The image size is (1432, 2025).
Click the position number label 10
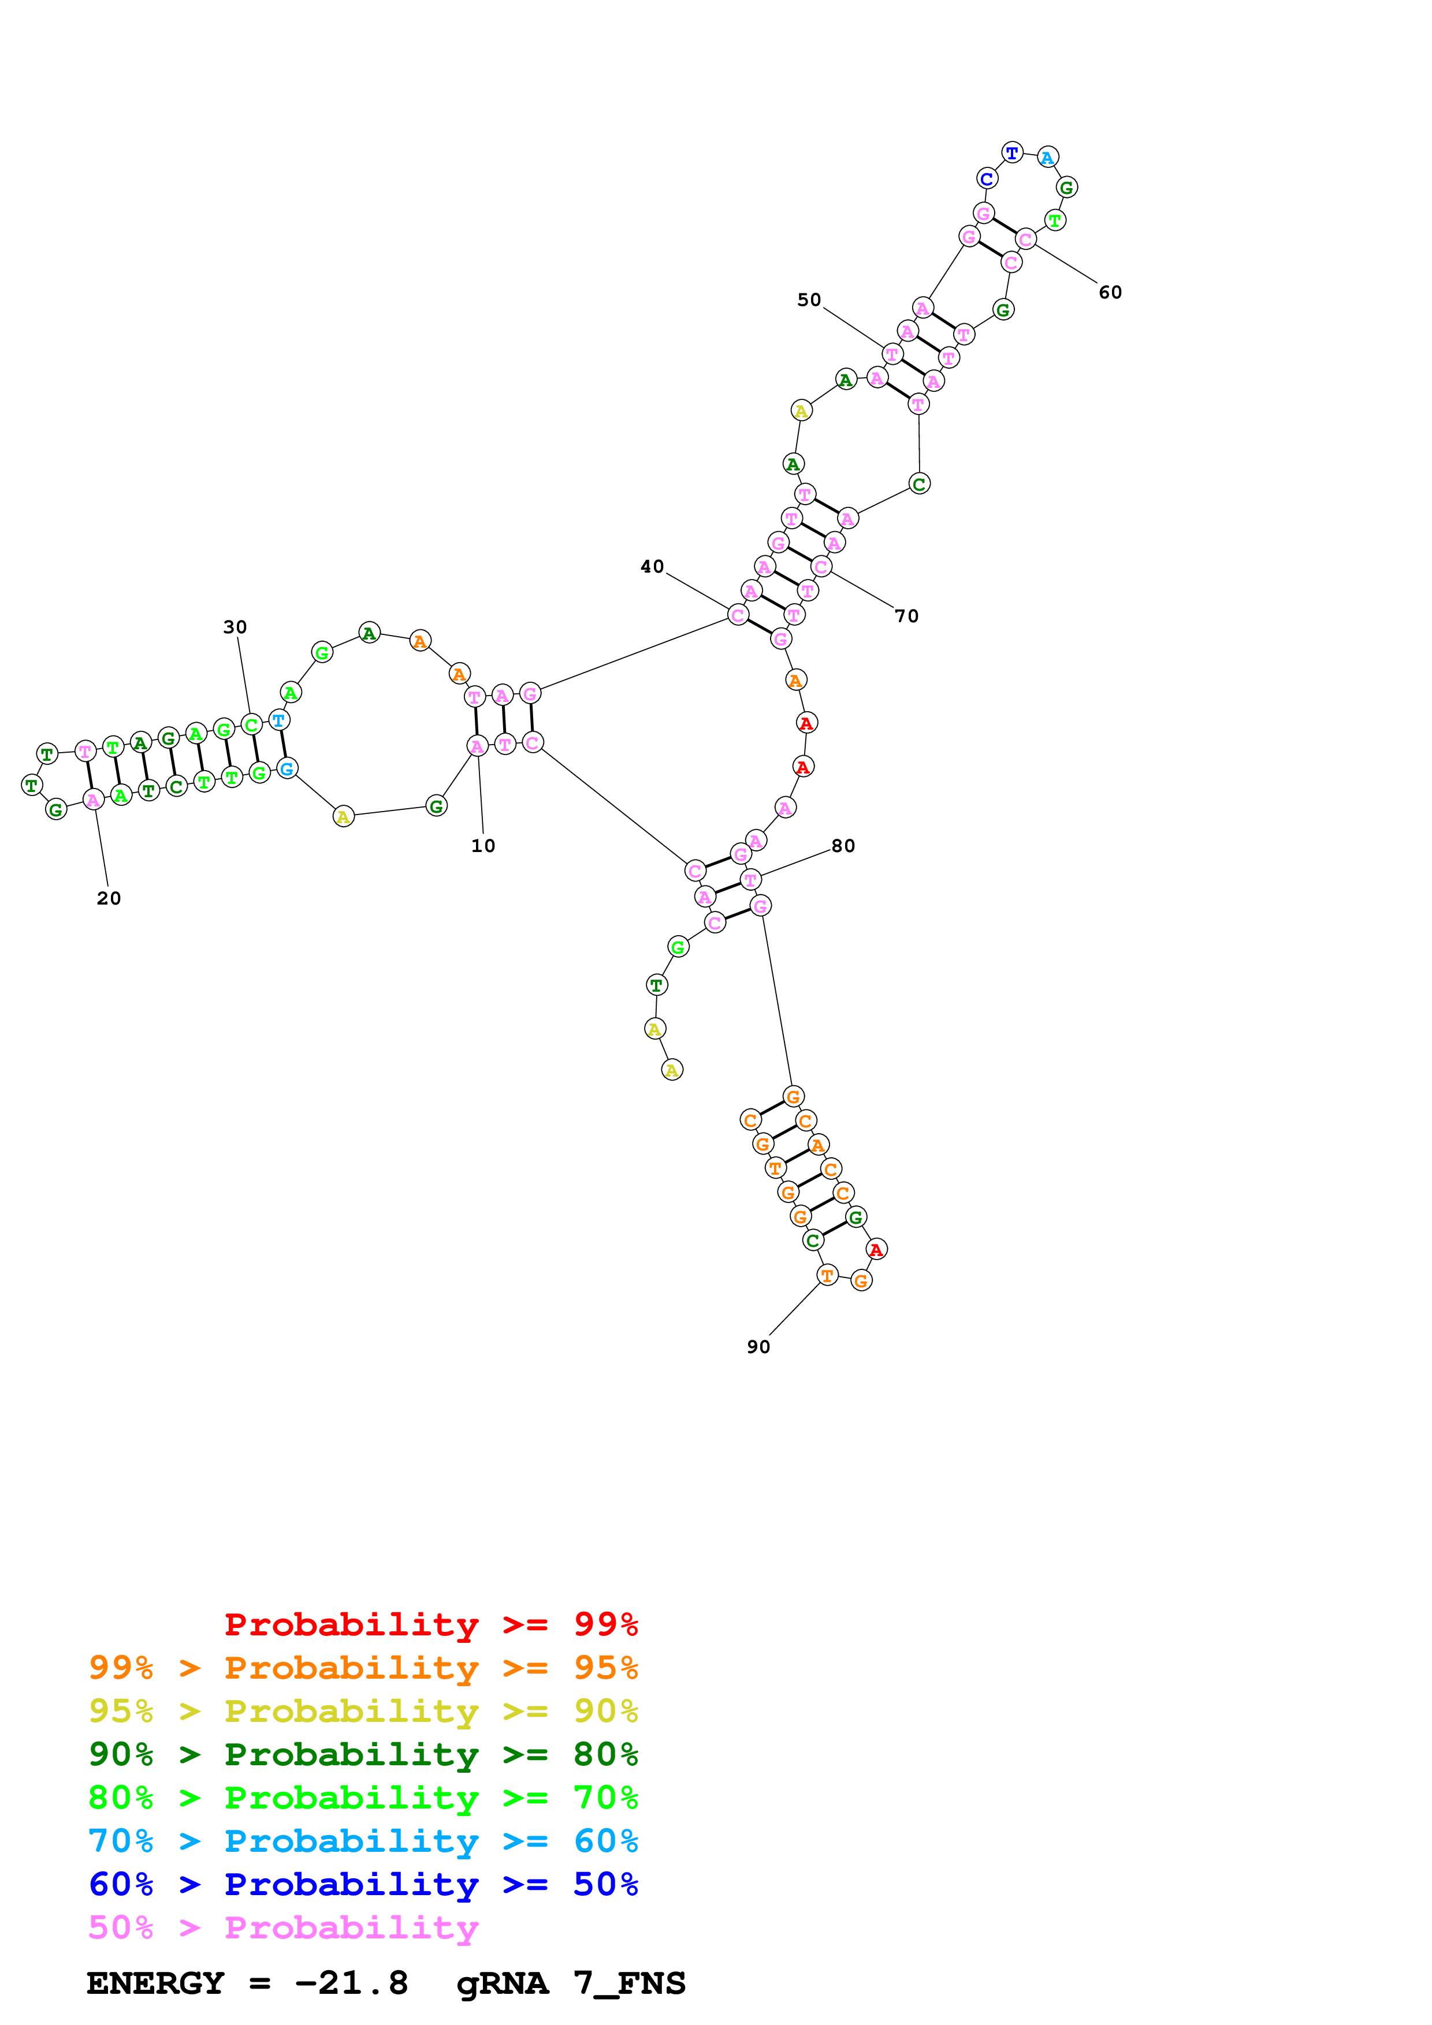click(482, 846)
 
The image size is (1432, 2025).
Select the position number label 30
click(235, 627)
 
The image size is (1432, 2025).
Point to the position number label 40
click(652, 566)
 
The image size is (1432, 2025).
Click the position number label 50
click(809, 300)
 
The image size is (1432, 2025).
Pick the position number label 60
click(1110, 292)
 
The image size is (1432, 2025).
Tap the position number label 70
click(907, 615)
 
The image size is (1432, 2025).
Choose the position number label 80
click(843, 846)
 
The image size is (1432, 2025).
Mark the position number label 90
click(759, 1347)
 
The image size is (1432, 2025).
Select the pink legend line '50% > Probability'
click(283, 1927)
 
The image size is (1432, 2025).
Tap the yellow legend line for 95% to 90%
click(363, 1710)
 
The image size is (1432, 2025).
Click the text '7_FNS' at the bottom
click(629, 1983)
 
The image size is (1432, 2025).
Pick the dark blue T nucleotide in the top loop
click(1012, 152)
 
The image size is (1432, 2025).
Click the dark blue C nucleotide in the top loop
click(987, 179)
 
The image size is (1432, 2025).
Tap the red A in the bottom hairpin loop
click(876, 1249)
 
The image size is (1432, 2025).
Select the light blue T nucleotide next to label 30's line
click(279, 720)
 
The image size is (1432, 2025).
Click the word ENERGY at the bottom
click(155, 1983)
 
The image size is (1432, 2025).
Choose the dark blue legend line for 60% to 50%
click(363, 1884)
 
